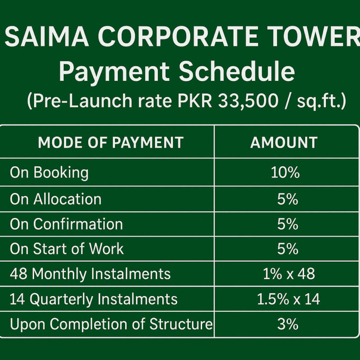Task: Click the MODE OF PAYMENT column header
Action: pyautogui.click(x=111, y=143)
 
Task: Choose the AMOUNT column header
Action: pyautogui.click(x=284, y=143)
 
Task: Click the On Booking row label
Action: pyautogui.click(x=49, y=173)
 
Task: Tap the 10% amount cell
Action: pyautogui.click(x=285, y=173)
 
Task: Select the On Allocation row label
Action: pyautogui.click(x=55, y=199)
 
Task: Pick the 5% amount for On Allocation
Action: pyautogui.click(x=288, y=199)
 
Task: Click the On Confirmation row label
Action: pyautogui.click(x=66, y=224)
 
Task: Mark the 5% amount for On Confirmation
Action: pyautogui.click(x=288, y=224)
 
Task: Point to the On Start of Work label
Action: pyautogui.click(x=66, y=249)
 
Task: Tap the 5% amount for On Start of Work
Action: pyautogui.click(x=288, y=249)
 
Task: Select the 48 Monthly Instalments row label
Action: pyautogui.click(x=90, y=274)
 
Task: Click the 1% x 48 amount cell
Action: pyautogui.click(x=288, y=274)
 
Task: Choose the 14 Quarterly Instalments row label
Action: pyautogui.click(x=93, y=299)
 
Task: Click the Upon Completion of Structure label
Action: pyautogui.click(x=111, y=324)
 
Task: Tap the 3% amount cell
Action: pyautogui.click(x=288, y=324)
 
